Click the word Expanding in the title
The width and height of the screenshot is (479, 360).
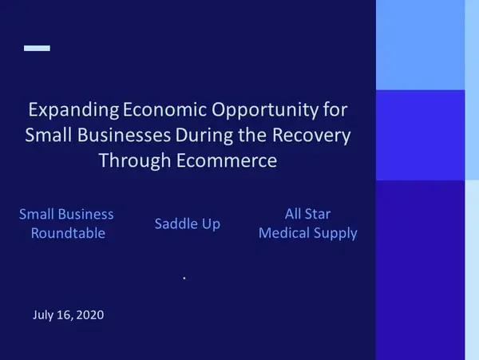coord(73,109)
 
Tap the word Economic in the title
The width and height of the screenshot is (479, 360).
coord(164,109)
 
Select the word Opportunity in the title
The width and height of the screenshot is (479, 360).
coord(265,109)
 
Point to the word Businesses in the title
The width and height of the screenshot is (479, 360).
coord(124,135)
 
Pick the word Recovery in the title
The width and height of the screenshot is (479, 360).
coord(311,135)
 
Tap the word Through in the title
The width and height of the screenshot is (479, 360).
coord(135,160)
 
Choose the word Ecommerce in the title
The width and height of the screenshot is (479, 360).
coord(227,160)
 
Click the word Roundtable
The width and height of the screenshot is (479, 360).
coord(68,233)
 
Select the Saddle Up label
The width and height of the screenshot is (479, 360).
coord(188,224)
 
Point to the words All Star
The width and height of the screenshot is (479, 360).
coord(307,214)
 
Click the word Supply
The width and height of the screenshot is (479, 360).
coord(335,234)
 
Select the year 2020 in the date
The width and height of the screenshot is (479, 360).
coord(89,315)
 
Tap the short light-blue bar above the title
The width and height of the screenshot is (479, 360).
coord(37,48)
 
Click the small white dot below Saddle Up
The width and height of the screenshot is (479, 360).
coord(184,278)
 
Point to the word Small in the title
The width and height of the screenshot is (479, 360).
coord(49,135)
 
